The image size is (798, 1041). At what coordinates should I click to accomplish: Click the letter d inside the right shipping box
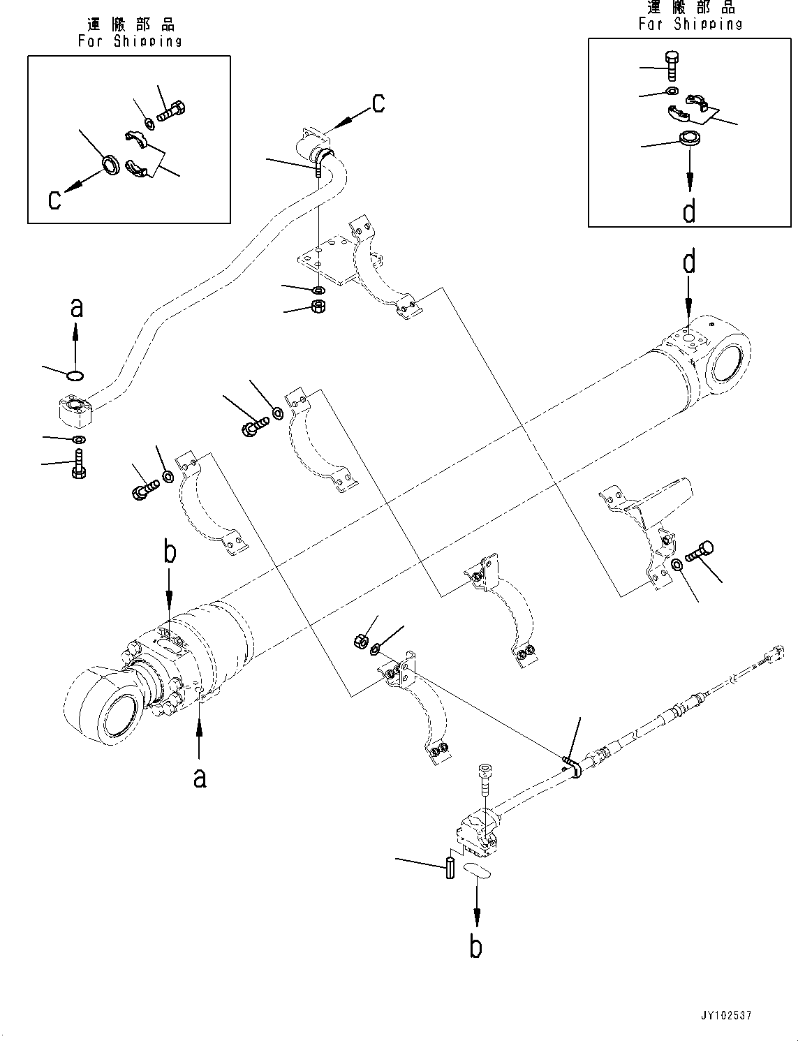coord(688,209)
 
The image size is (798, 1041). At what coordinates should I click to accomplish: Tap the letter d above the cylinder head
coord(689,263)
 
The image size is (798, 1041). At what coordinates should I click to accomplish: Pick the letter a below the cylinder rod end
coord(200,776)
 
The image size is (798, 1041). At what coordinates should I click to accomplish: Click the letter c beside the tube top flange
coord(378,103)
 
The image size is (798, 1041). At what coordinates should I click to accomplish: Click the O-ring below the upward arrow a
coord(76,377)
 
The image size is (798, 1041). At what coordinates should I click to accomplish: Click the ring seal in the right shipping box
coord(690,138)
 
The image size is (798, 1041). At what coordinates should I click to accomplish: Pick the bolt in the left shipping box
coord(170,110)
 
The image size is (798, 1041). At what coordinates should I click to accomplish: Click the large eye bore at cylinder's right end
coord(728,364)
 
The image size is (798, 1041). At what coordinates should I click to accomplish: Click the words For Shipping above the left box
coord(130,40)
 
